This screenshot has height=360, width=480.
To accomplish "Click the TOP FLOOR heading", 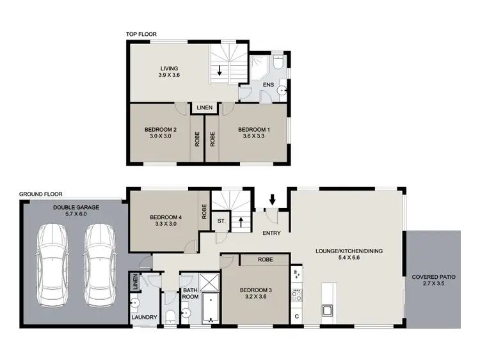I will coord(141,35).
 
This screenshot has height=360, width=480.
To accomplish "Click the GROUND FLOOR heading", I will coord(40,194).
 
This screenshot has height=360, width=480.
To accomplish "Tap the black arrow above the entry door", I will coord(273,201).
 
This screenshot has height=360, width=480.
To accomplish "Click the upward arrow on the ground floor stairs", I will coord(241,223).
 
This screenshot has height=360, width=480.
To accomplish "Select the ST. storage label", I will coord(221,221).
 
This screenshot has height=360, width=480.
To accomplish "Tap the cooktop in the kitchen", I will coord(296,295).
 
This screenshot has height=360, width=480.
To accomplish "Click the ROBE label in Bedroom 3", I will coord(266,260).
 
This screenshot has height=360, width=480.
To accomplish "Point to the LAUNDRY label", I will coord(145,317).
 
